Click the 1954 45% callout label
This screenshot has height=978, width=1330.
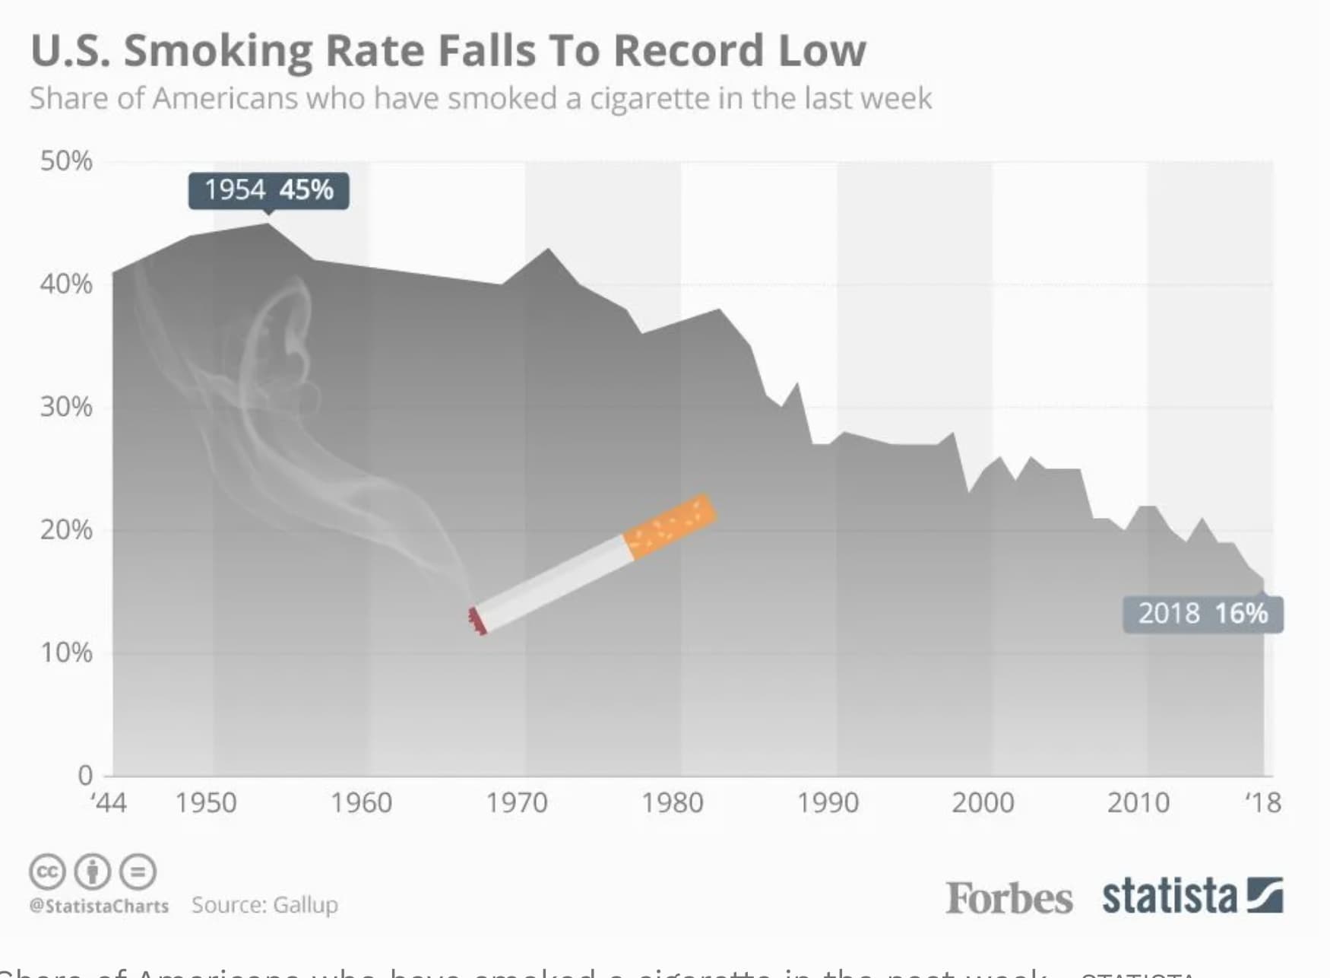point(268,190)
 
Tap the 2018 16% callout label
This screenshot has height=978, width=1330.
point(1202,613)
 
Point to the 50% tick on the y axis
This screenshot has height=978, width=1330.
point(66,161)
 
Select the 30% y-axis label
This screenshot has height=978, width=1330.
point(66,407)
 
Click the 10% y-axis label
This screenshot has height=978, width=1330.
point(66,653)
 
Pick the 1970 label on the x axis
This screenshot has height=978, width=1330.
point(517,803)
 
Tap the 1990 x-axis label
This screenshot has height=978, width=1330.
point(828,803)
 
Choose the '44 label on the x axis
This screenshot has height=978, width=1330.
point(109,803)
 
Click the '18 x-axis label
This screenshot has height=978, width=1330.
point(1263,803)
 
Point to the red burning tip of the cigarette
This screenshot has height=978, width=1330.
point(477,621)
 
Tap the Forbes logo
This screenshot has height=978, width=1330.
point(1009,898)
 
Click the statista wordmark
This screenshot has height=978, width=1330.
point(1170,896)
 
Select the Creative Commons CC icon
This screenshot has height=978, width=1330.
point(47,872)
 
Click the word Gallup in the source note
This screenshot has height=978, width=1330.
point(305,905)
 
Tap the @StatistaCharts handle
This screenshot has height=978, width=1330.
point(99,906)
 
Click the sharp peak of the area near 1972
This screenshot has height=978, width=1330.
point(548,249)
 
